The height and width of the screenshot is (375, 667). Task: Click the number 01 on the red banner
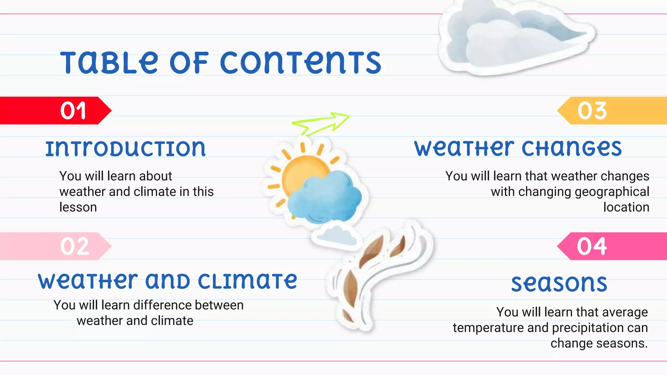pyautogui.click(x=73, y=111)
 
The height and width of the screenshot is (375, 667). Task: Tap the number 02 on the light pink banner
pyautogui.click(x=75, y=246)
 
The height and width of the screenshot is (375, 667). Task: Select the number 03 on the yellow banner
pyautogui.click(x=592, y=111)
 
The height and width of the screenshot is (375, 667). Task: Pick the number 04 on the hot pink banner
pyautogui.click(x=592, y=246)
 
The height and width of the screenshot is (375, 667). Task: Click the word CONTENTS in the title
pyautogui.click(x=300, y=62)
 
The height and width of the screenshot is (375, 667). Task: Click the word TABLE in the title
pyautogui.click(x=109, y=62)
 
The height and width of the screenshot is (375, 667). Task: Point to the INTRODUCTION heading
pyautogui.click(x=125, y=149)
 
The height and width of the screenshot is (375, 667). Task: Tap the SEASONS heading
pyautogui.click(x=559, y=284)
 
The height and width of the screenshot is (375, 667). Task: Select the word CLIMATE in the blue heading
pyautogui.click(x=247, y=281)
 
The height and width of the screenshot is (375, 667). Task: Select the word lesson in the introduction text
pyautogui.click(x=78, y=207)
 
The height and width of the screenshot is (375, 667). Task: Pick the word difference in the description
pyautogui.click(x=163, y=305)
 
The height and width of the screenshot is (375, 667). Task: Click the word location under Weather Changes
pyautogui.click(x=626, y=207)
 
